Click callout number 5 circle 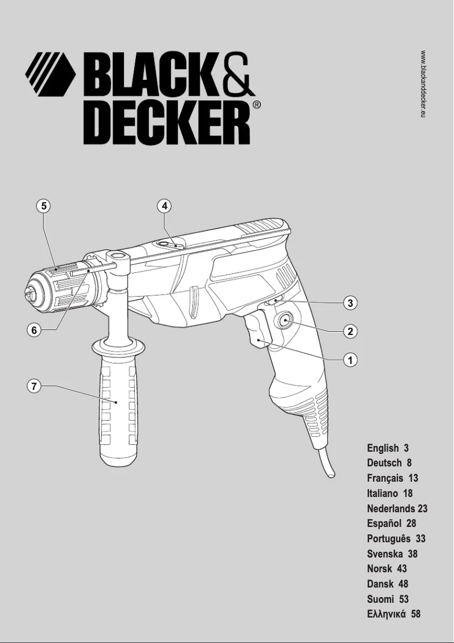(42, 206)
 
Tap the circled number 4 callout (164, 206)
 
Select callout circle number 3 (351, 303)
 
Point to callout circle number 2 (351, 332)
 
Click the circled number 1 (351, 359)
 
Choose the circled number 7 (35, 387)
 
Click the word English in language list (383, 448)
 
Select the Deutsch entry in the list (384, 463)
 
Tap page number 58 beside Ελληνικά (416, 614)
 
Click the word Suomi (380, 599)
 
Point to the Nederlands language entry (391, 508)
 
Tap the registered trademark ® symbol (256, 105)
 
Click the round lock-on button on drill (284, 323)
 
